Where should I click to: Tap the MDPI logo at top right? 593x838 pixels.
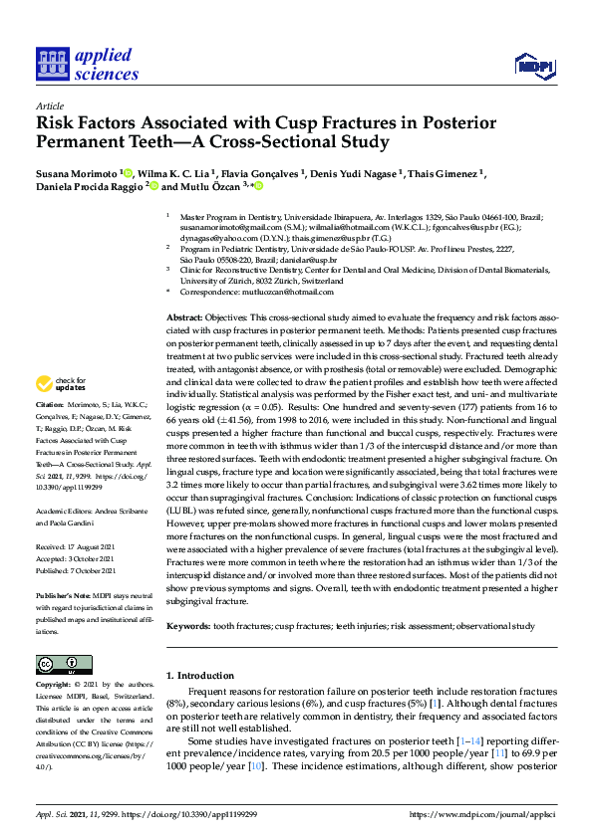tap(534, 66)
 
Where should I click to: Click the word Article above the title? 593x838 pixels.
tap(49, 105)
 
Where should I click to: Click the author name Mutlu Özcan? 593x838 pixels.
tap(218, 186)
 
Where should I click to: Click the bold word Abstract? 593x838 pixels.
tap(187, 315)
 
